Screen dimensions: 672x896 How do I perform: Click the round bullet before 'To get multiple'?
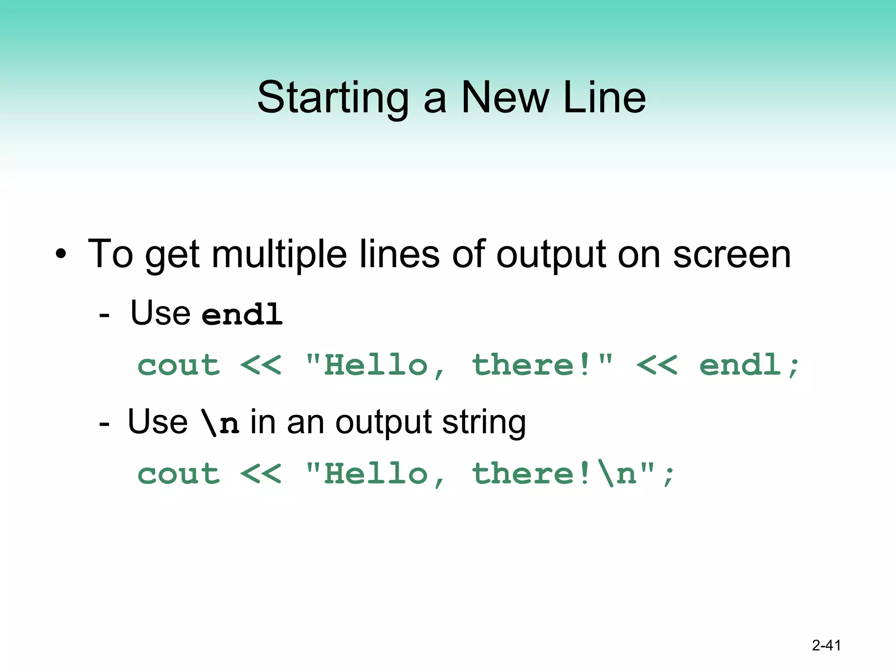click(x=61, y=254)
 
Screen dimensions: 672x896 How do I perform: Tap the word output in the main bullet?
click(x=551, y=255)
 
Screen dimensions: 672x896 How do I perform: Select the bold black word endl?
click(x=242, y=314)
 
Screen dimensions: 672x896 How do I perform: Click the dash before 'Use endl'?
click(x=104, y=314)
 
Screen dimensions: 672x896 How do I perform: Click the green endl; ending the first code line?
click(x=749, y=365)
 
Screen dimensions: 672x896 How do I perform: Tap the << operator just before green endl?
click(x=657, y=365)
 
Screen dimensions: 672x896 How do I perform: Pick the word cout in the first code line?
click(x=178, y=365)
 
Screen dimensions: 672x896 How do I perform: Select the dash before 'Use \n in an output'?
click(x=104, y=423)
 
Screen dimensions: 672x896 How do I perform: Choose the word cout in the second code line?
click(x=178, y=474)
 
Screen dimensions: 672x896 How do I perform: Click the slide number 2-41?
click(x=826, y=645)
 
